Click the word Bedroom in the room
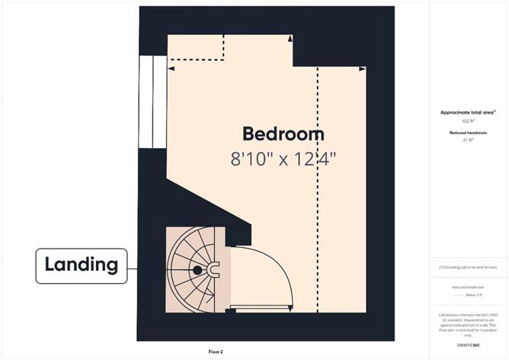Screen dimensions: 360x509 click(283, 134)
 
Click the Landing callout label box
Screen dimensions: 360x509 click(82, 265)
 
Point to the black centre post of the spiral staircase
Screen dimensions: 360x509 click(197, 269)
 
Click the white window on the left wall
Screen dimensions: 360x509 click(152, 104)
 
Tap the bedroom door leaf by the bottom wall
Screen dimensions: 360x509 click(259, 310)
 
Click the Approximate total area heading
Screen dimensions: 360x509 click(467, 112)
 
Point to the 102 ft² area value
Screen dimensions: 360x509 click(467, 121)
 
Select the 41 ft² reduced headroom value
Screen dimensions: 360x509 click(467, 140)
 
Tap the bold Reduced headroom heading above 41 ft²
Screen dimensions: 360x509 click(467, 133)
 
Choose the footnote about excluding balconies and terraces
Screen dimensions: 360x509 click(467, 267)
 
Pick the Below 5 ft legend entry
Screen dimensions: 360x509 click(467, 293)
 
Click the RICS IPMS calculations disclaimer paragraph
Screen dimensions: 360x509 click(467, 324)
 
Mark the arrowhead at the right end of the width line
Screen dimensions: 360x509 click(363, 69)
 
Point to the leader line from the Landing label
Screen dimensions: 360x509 click(133, 268)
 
